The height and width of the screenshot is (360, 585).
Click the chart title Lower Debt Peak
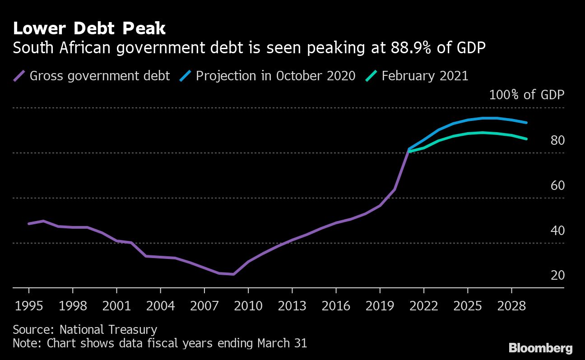tap(89, 29)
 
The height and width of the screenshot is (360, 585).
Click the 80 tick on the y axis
tap(558, 140)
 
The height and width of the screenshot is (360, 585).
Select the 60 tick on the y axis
tap(558, 185)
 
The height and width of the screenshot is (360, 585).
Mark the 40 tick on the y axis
tap(558, 231)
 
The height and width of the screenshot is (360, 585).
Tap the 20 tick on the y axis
tap(558, 275)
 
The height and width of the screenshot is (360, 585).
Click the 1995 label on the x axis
tap(28, 306)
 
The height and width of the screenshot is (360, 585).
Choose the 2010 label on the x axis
tap(248, 306)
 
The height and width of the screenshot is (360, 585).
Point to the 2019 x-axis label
tap(380, 306)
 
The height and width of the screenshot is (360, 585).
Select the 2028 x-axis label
tap(511, 306)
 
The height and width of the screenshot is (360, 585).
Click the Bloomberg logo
tap(540, 348)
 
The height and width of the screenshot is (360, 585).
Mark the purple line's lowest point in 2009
tap(233, 274)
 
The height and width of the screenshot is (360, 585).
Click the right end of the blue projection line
tap(526, 122)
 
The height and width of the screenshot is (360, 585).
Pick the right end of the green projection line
tap(526, 139)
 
